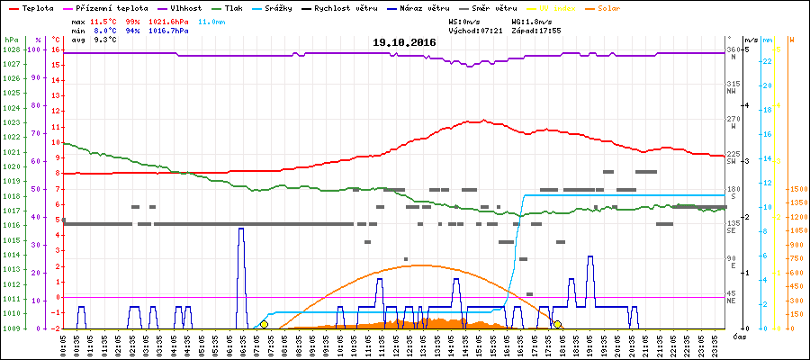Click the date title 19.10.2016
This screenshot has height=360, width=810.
tap(405, 42)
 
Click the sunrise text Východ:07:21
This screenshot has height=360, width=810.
tap(481, 30)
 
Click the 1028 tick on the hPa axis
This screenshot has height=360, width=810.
tap(11, 49)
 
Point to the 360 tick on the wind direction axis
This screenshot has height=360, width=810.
tap(733, 49)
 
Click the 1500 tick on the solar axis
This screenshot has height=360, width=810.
tap(796, 189)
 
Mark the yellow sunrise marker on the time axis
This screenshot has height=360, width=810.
tap(264, 324)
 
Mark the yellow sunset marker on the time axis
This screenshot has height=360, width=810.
tap(557, 324)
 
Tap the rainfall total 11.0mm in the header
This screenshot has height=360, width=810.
tap(213, 20)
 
